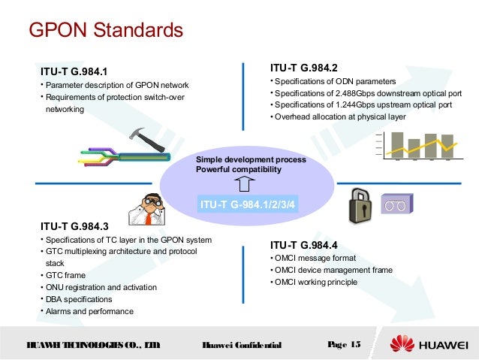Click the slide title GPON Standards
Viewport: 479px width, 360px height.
pos(106,31)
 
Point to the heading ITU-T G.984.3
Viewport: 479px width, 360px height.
pos(74,225)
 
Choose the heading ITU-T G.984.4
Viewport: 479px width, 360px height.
pos(303,245)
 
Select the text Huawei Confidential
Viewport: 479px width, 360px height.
pos(242,346)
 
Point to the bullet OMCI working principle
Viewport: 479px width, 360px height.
pos(315,283)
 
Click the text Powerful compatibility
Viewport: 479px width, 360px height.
pos(238,170)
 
